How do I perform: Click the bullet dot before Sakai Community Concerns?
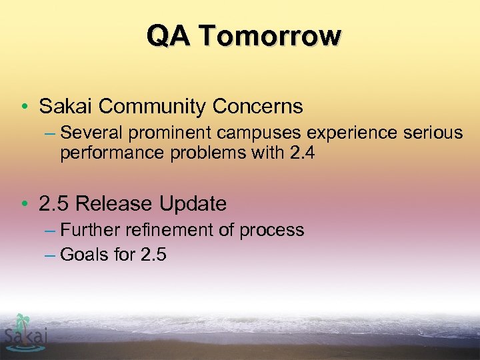tap(23, 107)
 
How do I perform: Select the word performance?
tap(105, 153)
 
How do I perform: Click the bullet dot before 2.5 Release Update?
tap(23, 204)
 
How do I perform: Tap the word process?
tap(272, 231)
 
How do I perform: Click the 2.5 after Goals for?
tap(153, 254)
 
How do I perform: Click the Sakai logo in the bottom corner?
tap(25, 331)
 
